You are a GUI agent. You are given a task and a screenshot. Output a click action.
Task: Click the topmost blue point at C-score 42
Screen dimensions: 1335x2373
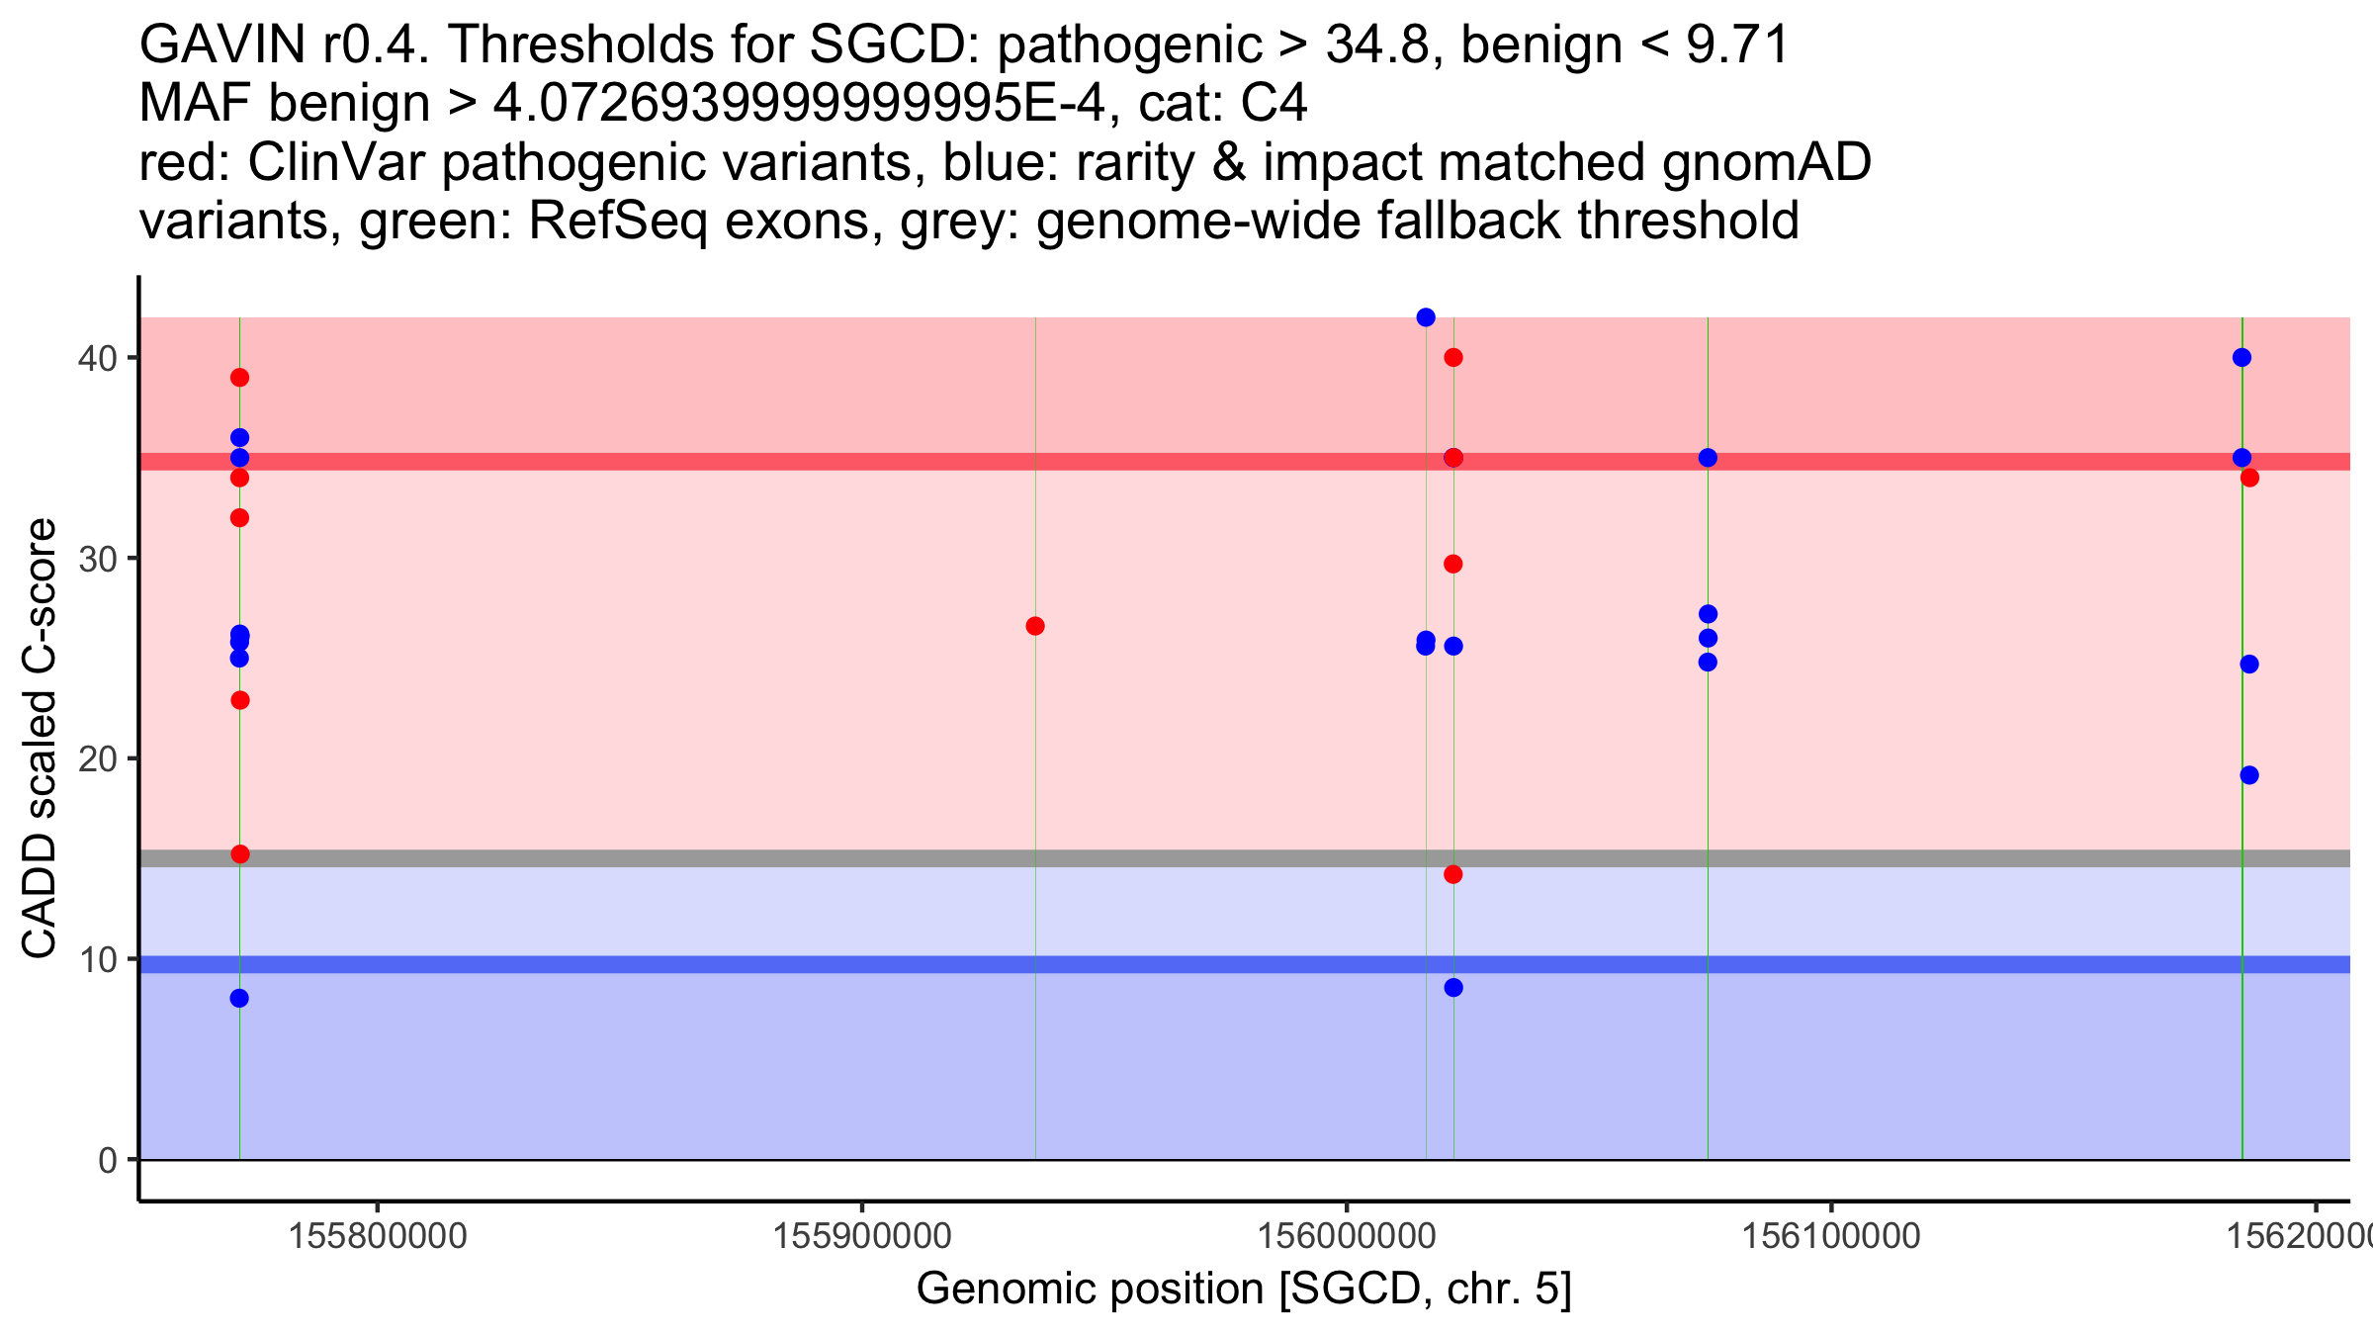[x=1426, y=317]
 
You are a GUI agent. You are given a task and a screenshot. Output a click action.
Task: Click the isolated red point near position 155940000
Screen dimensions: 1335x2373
[x=1035, y=626]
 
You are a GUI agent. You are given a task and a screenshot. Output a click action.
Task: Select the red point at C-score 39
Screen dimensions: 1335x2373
[x=239, y=378]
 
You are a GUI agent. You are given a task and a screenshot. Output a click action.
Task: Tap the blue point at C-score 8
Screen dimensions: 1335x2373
[x=239, y=999]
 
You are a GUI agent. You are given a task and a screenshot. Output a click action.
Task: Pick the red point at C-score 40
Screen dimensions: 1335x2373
[x=1453, y=357]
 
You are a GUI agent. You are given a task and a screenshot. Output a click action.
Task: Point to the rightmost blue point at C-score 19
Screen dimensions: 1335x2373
[x=2249, y=775]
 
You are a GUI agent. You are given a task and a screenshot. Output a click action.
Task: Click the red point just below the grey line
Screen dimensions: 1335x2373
[x=1453, y=874]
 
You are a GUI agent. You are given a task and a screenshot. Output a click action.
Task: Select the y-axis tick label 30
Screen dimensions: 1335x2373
[x=97, y=559]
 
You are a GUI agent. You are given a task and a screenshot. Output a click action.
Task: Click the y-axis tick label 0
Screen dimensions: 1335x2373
[x=107, y=1160]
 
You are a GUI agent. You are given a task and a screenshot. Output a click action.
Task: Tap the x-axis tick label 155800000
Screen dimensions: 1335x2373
[x=377, y=1236]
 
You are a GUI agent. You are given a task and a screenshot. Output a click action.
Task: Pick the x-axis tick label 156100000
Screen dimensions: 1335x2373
[x=1830, y=1236]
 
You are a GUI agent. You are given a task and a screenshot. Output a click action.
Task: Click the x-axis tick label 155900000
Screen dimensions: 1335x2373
[x=861, y=1236]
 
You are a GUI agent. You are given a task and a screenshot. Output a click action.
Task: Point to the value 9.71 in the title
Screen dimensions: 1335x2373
[x=1737, y=45]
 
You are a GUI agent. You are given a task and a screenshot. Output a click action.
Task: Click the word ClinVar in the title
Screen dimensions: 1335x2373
[x=338, y=162]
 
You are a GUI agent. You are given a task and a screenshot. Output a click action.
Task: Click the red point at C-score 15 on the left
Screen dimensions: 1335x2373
[x=239, y=854]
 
